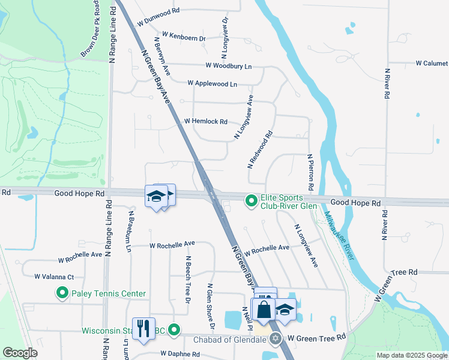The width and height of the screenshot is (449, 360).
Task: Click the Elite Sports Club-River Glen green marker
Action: tap(252, 202)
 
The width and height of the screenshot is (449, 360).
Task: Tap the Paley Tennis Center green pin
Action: tap(62, 293)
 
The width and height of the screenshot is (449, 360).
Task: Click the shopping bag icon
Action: tap(263, 310)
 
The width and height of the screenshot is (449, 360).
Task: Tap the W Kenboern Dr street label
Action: tap(184, 37)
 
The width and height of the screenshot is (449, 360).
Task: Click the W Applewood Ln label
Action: tap(212, 83)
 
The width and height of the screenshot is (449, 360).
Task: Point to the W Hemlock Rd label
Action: tap(206, 121)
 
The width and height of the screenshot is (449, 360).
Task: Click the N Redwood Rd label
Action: tap(260, 149)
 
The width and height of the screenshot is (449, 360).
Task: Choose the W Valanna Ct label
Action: tap(54, 277)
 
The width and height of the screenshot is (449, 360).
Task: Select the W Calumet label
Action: tap(432, 63)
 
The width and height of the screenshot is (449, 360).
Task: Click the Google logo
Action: tap(20, 353)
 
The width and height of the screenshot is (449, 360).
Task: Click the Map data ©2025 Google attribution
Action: tap(411, 355)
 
